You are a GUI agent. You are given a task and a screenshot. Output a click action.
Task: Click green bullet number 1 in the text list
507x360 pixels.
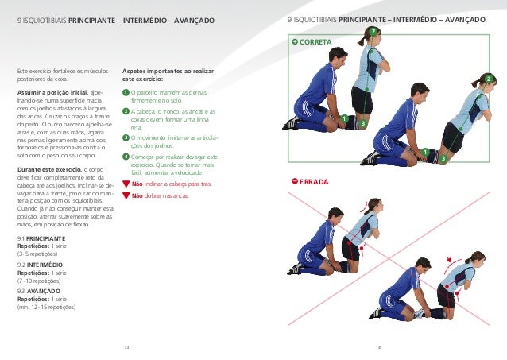tap(126, 93)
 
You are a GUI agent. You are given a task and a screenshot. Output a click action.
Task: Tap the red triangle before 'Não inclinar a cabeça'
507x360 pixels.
tap(126, 184)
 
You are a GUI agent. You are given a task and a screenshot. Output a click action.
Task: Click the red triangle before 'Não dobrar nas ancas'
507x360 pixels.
tap(126, 195)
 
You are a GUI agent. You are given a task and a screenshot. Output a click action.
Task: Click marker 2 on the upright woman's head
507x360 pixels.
tap(372, 31)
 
